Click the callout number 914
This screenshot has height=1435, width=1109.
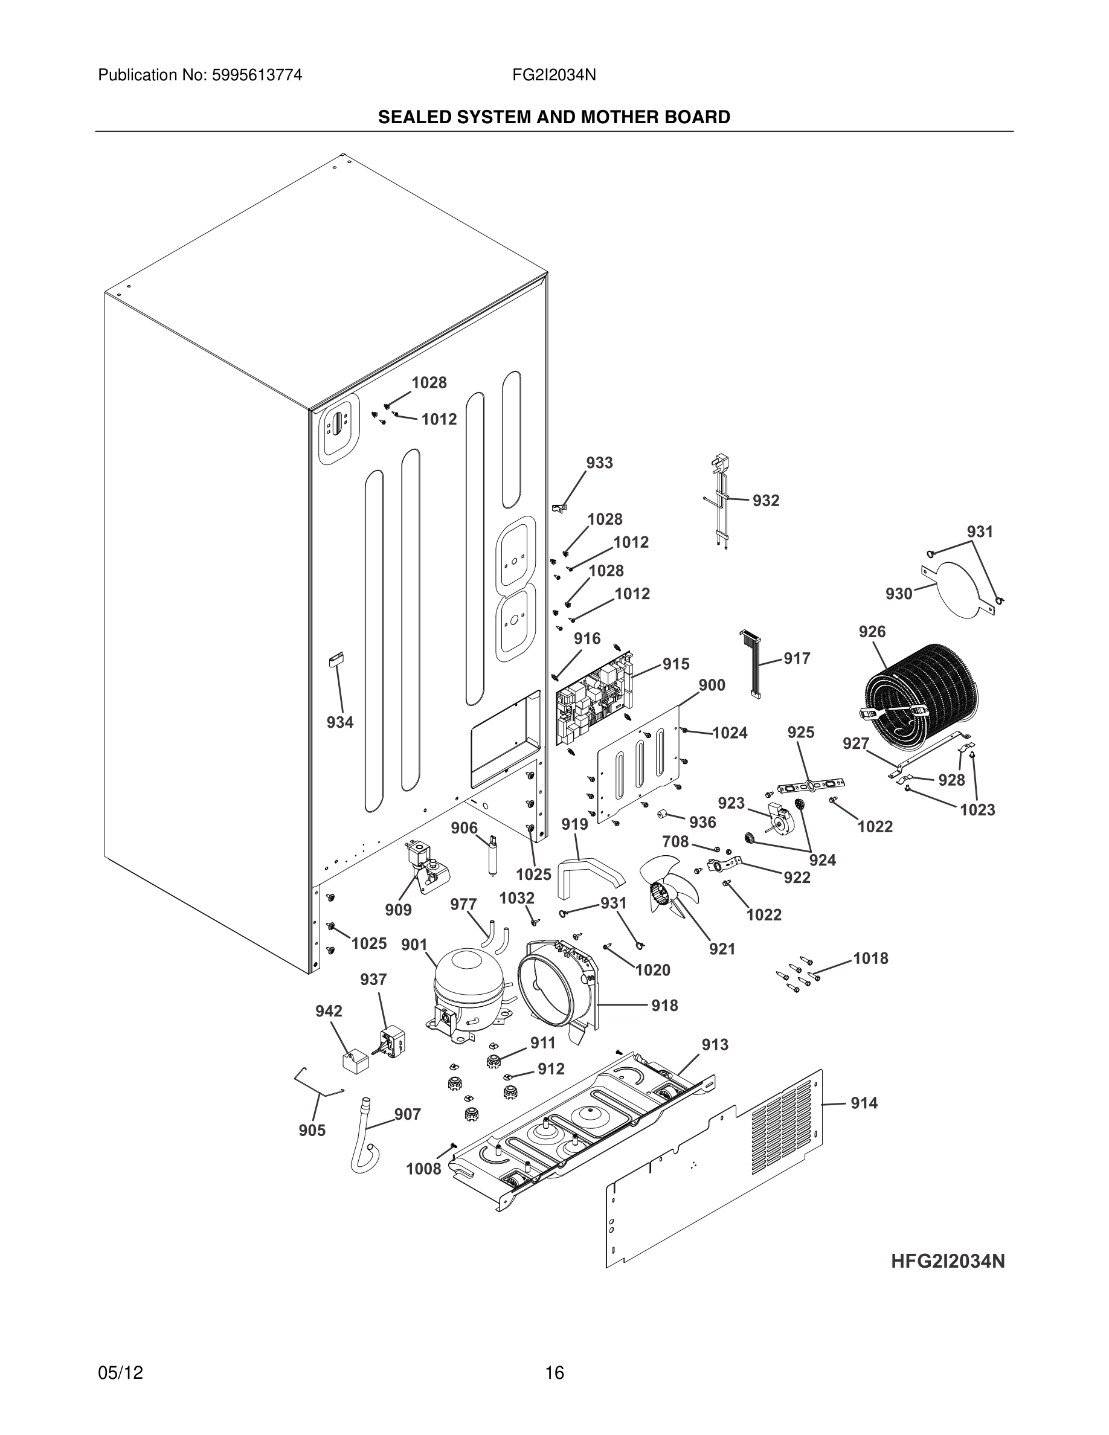864,1103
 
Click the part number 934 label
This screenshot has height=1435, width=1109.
339,723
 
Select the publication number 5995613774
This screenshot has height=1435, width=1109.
256,75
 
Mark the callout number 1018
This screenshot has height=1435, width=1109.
870,958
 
